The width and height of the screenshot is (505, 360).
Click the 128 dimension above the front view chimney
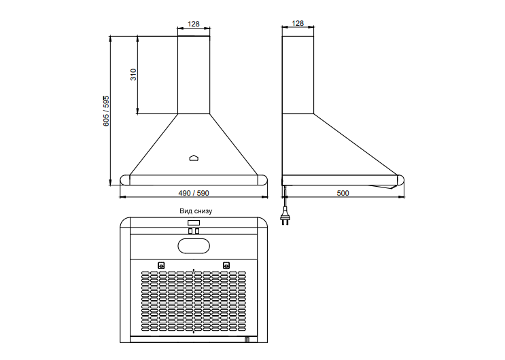coord(194,24)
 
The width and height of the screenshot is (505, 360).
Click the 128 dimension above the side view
coord(298,23)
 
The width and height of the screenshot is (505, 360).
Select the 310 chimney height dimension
coord(133,75)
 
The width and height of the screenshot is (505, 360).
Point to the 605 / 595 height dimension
coord(106,111)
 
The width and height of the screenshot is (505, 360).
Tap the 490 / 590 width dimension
coord(194,193)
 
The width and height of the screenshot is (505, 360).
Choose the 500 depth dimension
coord(343,193)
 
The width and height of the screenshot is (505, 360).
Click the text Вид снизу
coord(196,211)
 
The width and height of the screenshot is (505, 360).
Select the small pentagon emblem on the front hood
coord(194,158)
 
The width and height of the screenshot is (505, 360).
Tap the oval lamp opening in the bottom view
coord(194,247)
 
